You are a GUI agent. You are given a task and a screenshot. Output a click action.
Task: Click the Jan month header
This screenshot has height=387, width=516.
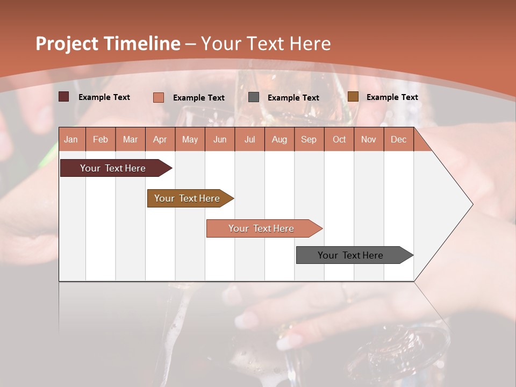point(71,140)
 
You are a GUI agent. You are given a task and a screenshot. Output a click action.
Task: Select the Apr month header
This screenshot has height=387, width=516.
point(160,140)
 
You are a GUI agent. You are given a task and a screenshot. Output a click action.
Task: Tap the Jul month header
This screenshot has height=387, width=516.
point(249,140)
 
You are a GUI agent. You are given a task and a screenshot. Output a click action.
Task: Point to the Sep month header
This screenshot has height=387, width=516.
point(309,140)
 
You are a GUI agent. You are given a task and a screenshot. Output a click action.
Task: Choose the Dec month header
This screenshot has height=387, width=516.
point(398,140)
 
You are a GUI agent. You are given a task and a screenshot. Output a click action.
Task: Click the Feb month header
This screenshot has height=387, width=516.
point(101,140)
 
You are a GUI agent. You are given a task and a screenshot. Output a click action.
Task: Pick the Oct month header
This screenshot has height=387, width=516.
point(339,140)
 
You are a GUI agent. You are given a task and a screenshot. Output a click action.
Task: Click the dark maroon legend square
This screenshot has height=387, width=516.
point(64,97)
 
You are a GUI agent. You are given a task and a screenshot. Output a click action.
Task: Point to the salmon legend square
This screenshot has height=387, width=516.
point(159,97)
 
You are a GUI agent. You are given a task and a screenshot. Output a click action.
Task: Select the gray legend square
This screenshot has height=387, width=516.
point(254,97)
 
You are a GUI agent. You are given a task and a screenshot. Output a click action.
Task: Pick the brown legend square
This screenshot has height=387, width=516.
point(353,97)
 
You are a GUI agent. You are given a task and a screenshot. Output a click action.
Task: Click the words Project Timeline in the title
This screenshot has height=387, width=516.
point(108,44)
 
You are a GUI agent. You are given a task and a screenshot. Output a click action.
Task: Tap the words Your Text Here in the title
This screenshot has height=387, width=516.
point(266,44)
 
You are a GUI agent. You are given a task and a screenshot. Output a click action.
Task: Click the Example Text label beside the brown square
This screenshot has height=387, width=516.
point(392,97)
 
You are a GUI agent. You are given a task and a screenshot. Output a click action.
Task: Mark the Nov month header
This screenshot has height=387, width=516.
point(369,140)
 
